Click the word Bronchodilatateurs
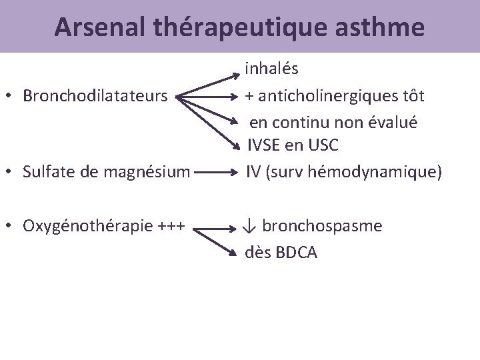95,95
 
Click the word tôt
412,95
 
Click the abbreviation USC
323,145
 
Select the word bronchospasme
322,225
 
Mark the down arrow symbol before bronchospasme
249,226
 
